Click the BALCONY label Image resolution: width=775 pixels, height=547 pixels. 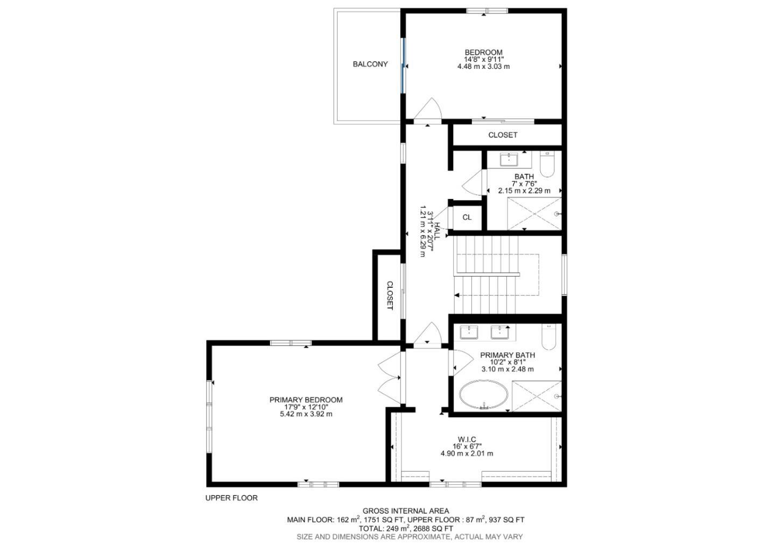[370, 64]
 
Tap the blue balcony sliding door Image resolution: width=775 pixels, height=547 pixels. [402, 65]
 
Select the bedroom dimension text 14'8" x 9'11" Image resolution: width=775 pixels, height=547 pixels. [483, 59]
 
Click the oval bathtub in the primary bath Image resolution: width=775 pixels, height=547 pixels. [483, 395]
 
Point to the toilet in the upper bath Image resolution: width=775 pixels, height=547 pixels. [547, 164]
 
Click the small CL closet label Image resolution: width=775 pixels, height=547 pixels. [467, 217]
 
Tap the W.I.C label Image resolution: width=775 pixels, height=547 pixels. [467, 439]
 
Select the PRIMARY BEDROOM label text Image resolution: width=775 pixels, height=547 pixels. [306, 400]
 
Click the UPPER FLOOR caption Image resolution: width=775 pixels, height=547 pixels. [231, 498]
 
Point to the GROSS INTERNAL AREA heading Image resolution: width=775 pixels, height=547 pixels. [405, 511]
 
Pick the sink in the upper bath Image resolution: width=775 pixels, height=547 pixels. [509, 159]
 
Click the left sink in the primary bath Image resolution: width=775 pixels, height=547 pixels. [469, 332]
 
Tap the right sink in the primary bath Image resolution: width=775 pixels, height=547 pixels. [501, 332]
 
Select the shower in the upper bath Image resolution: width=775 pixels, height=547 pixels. [534, 214]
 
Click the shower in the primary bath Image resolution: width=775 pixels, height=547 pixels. [536, 396]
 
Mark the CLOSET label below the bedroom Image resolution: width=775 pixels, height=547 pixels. [503, 135]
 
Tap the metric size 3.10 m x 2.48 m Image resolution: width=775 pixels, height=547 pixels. [507, 369]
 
